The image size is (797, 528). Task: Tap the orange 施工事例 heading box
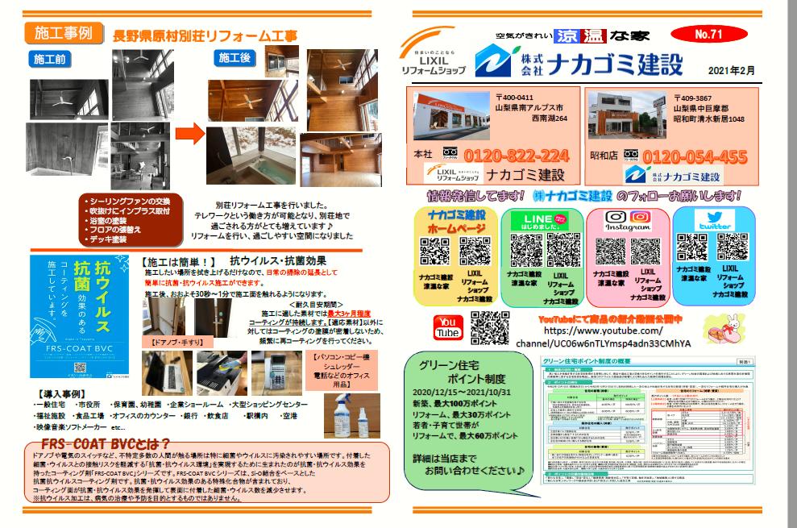(63, 33)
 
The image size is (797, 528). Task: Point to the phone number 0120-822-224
(505, 156)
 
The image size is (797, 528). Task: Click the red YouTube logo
(447, 328)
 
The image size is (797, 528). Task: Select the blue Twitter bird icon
(714, 218)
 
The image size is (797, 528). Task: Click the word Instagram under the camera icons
(628, 228)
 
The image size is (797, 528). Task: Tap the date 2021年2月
(733, 71)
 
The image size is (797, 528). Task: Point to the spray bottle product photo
(351, 414)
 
